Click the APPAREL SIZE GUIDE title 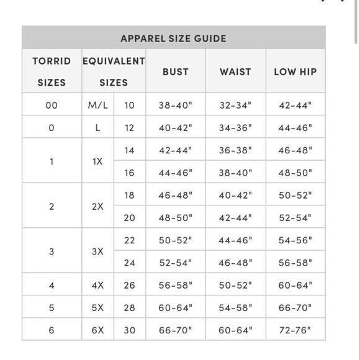[173, 38]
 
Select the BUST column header [175, 71]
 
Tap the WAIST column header [235, 71]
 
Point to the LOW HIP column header [295, 71]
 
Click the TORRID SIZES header [52, 71]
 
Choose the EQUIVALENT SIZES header [114, 71]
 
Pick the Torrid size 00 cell [52, 105]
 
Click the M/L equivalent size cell [97, 105]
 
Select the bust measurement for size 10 [175, 105]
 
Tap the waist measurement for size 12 [235, 127]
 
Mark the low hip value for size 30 [295, 330]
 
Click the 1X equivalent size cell [97, 161]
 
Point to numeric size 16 [129, 173]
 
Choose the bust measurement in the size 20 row [175, 217]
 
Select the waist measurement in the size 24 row [235, 263]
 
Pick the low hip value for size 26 [295, 285]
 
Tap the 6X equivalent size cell [97, 330]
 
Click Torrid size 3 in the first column [52, 251]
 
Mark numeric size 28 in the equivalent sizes [129, 307]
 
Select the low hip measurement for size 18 [295, 195]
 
